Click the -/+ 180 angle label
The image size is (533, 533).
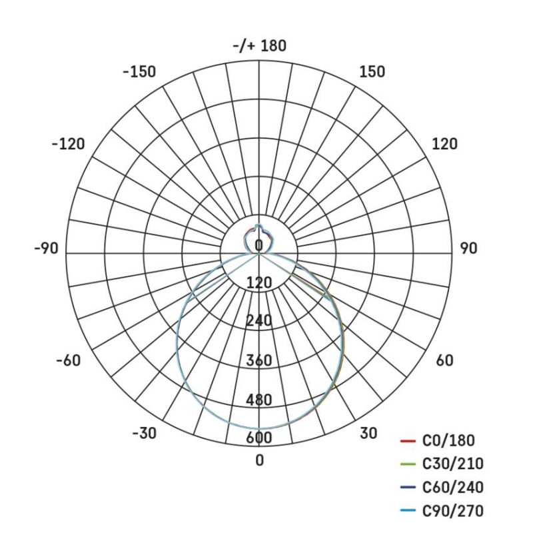coord(259,46)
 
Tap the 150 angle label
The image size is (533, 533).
coord(372,72)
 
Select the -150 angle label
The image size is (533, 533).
coord(139,72)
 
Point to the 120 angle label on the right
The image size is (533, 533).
coord(444,144)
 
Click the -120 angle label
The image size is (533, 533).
coord(68,144)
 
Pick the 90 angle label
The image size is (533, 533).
coord(468,249)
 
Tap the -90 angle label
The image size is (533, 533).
coord(46,249)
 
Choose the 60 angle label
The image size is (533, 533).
coord(444,360)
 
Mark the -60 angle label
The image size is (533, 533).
coord(68,360)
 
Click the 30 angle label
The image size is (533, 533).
coord(368,433)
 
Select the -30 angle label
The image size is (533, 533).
coord(144,433)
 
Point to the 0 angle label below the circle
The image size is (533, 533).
coord(259,460)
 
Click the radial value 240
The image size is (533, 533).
coord(259,321)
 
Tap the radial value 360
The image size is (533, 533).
coord(259,361)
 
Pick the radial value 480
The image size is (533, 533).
coord(259,400)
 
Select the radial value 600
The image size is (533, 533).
coord(259,438)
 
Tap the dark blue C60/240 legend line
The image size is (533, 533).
coord(408,488)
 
